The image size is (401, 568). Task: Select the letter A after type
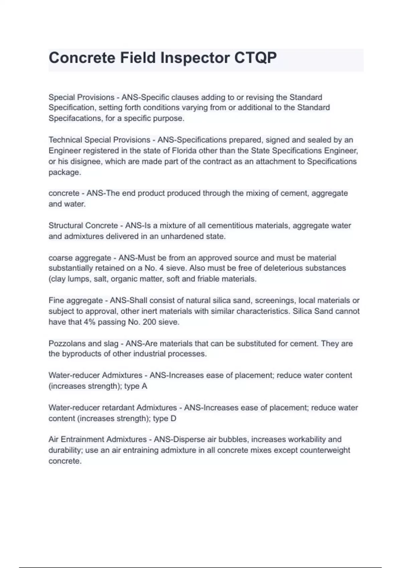click(144, 386)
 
